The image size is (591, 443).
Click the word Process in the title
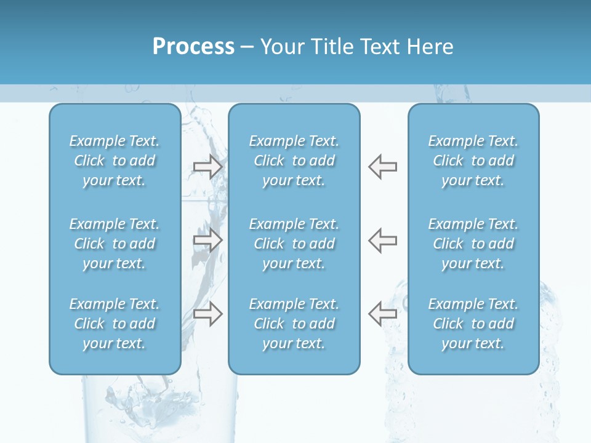pos(193,47)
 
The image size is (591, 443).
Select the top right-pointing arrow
pos(208,167)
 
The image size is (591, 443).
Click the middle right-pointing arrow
pos(208,240)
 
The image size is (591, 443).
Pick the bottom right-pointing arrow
pos(208,314)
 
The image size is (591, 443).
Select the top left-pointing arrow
pos(382,167)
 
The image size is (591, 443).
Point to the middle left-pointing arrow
pos(382,240)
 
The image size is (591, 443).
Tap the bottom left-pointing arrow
pos(382,314)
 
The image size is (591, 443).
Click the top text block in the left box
pos(115,161)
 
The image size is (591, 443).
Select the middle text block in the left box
pos(115,244)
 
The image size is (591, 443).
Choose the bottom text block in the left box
pos(115,324)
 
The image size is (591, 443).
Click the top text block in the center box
pos(294,161)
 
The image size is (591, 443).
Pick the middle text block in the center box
pos(294,244)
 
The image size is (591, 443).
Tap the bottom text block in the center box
pos(294,324)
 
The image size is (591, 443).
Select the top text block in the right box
pos(473,161)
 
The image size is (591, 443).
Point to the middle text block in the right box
pos(473,244)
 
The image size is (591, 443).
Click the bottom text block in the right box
pos(473,324)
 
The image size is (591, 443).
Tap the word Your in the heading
pos(281,47)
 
